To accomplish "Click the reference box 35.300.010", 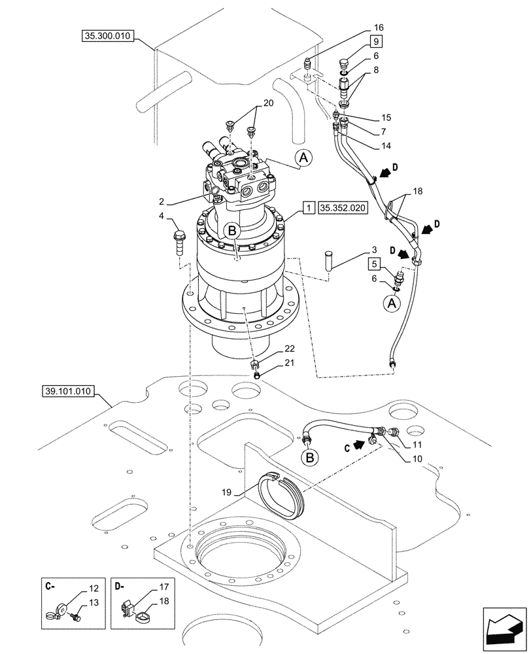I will click(x=109, y=37).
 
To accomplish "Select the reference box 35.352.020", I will click(x=343, y=208).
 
